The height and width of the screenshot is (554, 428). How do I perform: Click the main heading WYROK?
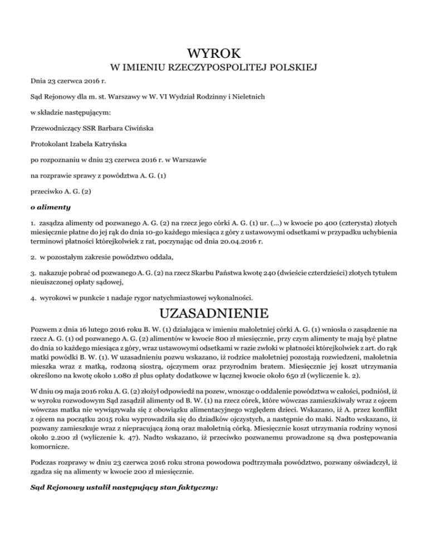click(214, 54)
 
